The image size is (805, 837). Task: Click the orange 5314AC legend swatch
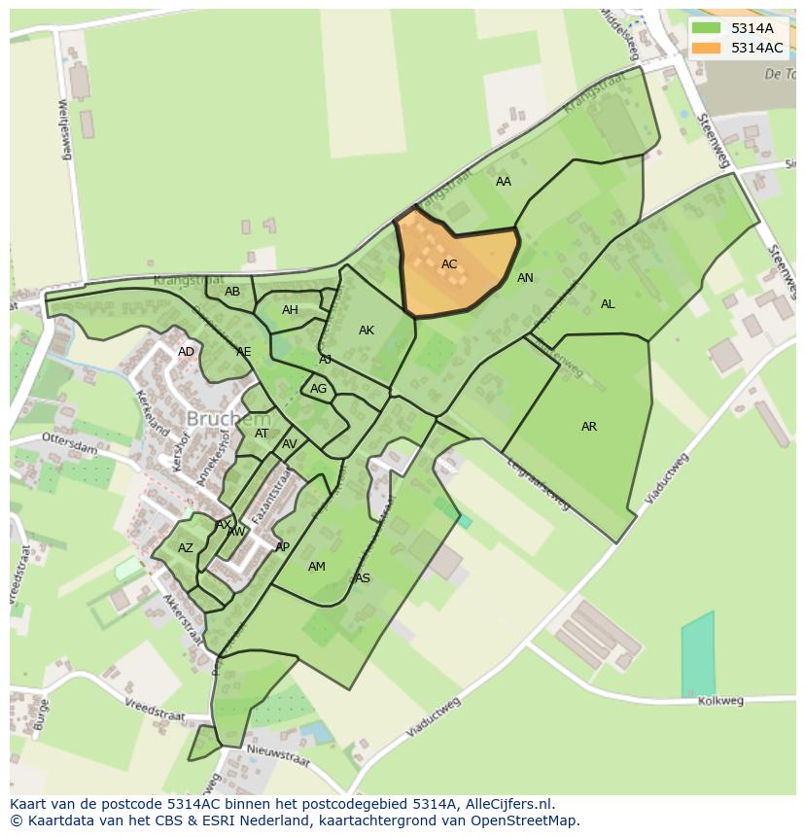707,48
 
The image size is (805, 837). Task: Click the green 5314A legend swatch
707,28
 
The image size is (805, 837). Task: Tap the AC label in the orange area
449,264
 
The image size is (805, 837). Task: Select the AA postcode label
504,182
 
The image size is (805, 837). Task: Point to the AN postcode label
525,278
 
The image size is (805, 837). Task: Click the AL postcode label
608,304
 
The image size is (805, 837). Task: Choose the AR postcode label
589,427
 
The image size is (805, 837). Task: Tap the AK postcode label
367,331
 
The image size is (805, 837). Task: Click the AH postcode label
290,310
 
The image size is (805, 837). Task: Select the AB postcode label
232,292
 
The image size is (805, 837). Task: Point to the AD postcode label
186,352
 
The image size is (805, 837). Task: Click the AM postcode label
317,567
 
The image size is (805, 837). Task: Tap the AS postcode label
363,578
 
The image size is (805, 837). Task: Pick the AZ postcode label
186,548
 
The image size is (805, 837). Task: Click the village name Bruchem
227,419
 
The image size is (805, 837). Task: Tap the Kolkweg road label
720,701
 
